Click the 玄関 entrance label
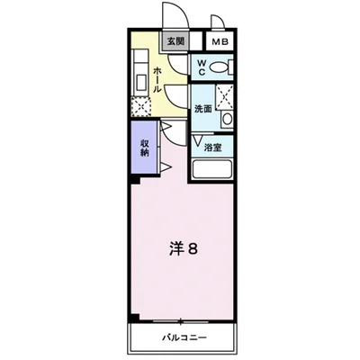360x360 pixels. [174, 41]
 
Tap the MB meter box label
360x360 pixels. [220, 41]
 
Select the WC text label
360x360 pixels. [202, 66]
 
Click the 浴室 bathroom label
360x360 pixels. [212, 148]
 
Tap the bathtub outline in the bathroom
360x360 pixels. [213, 169]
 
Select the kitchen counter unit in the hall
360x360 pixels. [141, 72]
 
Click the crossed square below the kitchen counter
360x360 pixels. [140, 107]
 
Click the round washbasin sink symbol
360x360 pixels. [227, 120]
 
